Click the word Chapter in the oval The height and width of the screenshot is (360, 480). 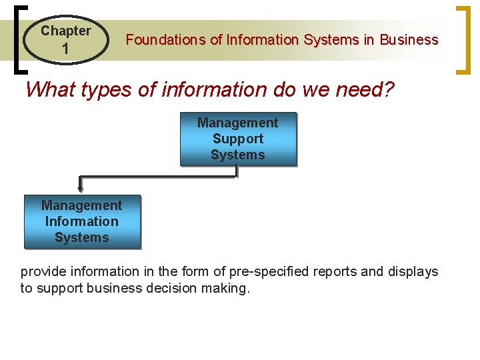click(x=65, y=31)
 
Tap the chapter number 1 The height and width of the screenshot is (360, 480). click(x=65, y=49)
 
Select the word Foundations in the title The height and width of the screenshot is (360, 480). click(x=165, y=40)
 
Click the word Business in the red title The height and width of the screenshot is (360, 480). click(x=409, y=40)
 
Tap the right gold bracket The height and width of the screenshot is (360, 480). click(x=461, y=39)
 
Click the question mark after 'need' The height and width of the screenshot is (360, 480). click(x=389, y=89)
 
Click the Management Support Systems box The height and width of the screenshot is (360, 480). click(x=237, y=139)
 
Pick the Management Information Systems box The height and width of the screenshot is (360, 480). click(x=82, y=221)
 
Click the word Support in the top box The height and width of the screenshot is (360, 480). click(x=237, y=139)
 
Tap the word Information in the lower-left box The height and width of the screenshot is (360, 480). click(x=82, y=221)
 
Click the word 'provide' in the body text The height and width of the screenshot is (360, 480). click(x=42, y=272)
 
